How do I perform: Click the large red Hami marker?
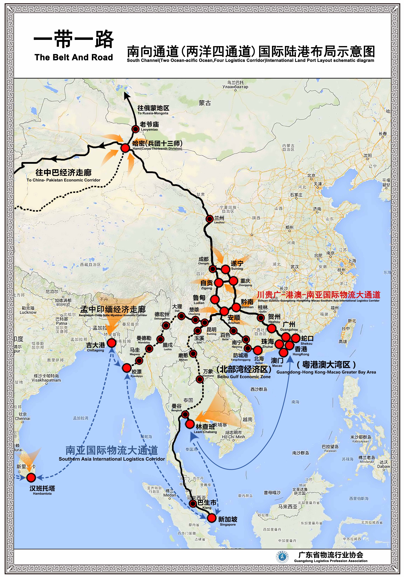(x=125, y=148)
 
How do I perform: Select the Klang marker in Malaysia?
(x=193, y=503)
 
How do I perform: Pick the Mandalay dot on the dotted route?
(x=160, y=339)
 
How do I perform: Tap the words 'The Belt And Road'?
(x=74, y=57)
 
